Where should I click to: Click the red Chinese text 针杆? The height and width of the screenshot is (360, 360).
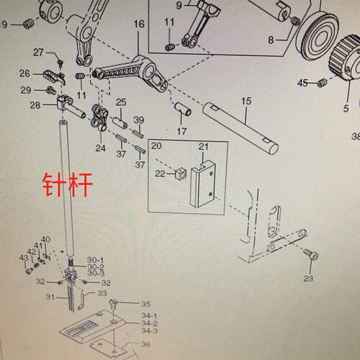coord(68,185)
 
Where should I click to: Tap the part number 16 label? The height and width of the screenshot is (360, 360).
coord(139,24)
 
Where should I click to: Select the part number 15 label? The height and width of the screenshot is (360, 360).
coord(246,101)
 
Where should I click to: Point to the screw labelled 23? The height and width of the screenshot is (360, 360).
coord(311,254)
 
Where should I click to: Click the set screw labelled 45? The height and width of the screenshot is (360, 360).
coord(321,83)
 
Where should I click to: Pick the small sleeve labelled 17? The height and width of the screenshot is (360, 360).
coord(183,109)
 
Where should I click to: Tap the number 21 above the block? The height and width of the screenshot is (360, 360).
coord(203,146)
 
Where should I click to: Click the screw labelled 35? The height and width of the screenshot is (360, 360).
coord(113,304)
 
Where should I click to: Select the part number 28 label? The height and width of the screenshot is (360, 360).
coord(35,105)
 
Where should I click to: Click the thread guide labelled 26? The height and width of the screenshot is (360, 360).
coord(54,76)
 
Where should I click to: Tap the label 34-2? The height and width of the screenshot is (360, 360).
coord(149,323)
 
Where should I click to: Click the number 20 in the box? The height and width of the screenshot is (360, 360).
coord(156,145)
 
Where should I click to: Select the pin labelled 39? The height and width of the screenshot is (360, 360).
coord(138,133)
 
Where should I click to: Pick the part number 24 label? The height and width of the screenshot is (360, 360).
coord(101,148)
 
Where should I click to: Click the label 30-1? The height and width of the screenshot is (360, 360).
coord(95,260)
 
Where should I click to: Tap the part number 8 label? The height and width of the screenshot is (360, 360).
coord(271,40)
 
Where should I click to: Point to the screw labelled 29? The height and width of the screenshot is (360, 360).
coord(52,90)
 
